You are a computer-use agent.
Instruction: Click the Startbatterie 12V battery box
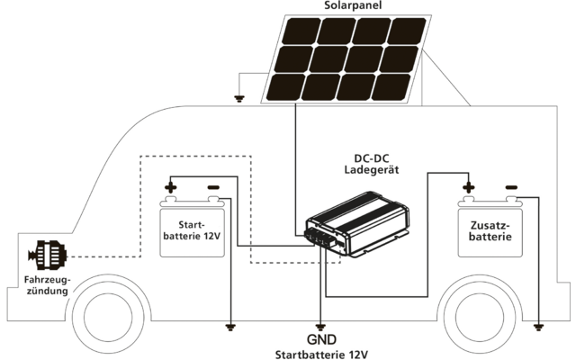(191, 232)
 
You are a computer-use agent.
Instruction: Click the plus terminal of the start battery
(170, 189)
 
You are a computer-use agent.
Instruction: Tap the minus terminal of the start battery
(213, 189)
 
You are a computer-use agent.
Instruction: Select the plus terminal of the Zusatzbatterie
(468, 188)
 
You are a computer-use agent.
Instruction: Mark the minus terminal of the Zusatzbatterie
(510, 188)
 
